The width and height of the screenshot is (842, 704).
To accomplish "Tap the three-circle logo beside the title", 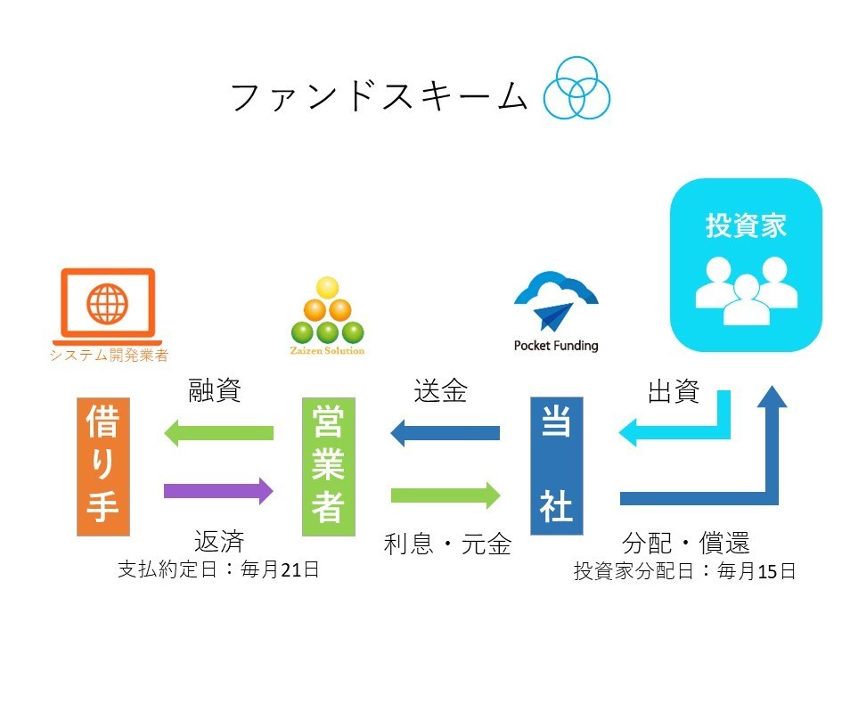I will click(x=577, y=88).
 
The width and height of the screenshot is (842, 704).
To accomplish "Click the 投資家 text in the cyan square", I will click(x=746, y=225).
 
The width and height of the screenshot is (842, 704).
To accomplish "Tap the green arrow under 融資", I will click(x=218, y=433).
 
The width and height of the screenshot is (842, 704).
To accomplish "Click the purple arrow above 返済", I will click(x=218, y=490).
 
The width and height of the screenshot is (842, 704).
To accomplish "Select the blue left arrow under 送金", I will click(x=445, y=433).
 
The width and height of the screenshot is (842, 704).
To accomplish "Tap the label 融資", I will click(x=215, y=391).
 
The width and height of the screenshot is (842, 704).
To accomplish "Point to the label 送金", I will click(x=440, y=391).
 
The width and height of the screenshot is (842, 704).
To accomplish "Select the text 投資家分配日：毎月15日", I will click(x=684, y=571).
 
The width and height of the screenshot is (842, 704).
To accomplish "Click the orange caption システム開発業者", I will click(x=108, y=356).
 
